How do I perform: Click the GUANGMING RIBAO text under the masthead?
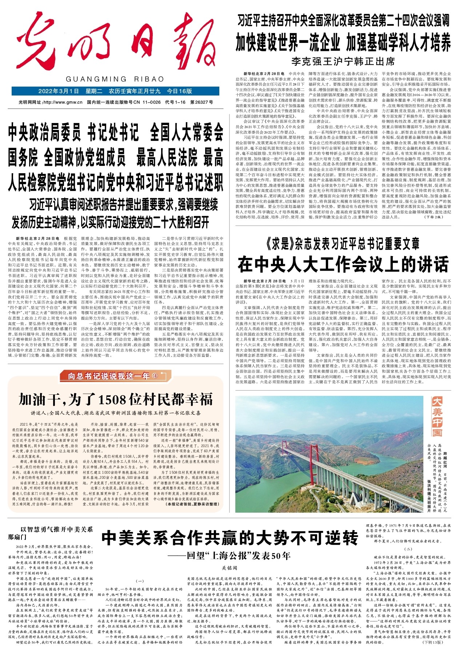click(x=115, y=79)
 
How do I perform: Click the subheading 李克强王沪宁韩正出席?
click(x=343, y=61)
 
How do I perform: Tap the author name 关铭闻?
click(x=229, y=568)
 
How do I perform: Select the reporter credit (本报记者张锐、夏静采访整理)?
click(x=192, y=504)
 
